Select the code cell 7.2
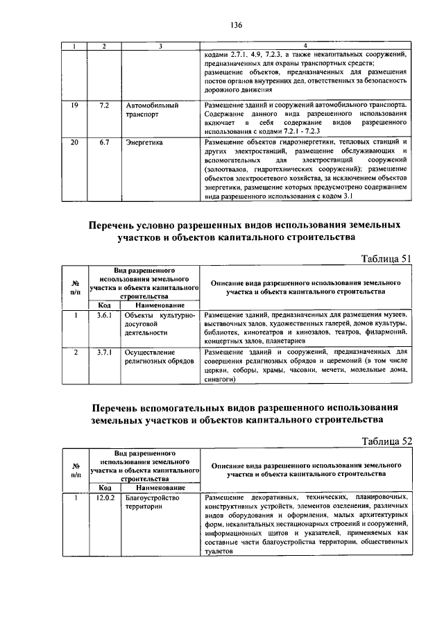105,105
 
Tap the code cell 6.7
105,142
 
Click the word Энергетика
144,142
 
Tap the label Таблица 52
387,441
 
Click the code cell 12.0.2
105,498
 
